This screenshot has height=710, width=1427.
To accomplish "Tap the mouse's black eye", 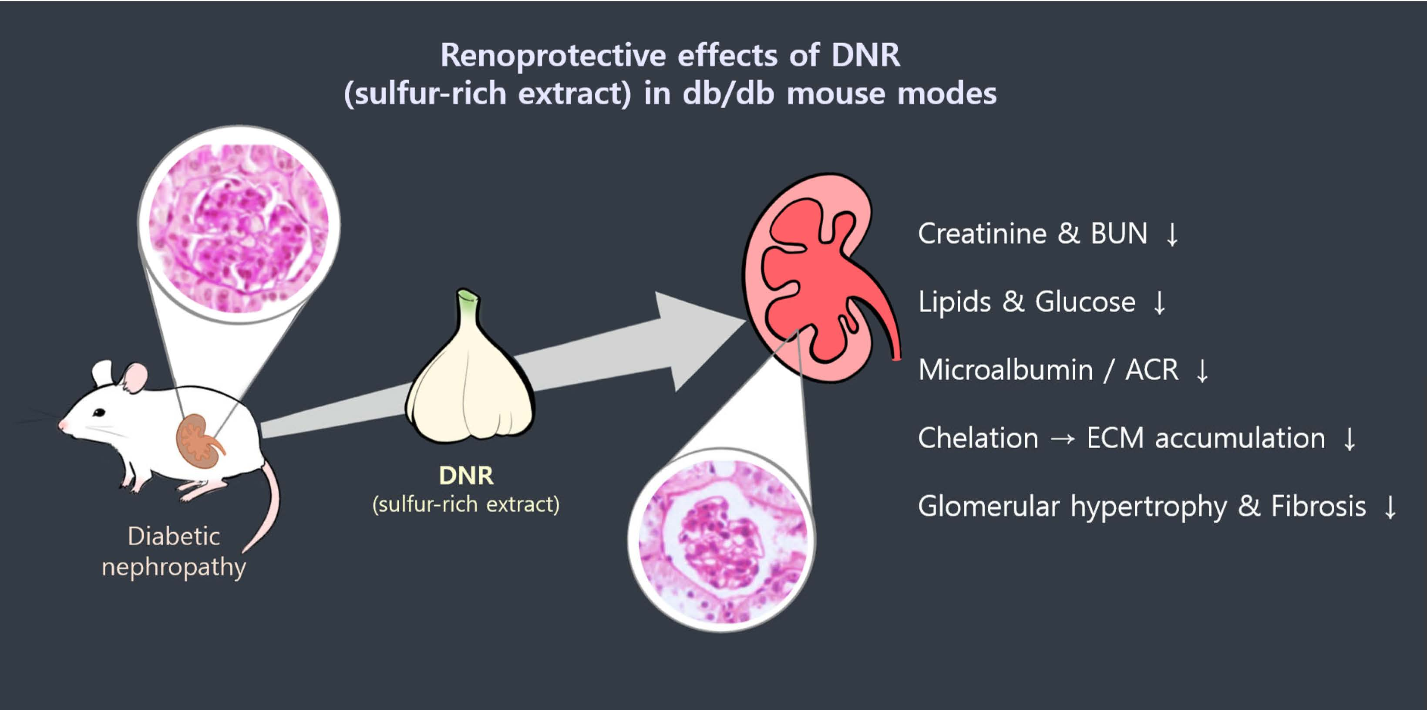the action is tap(99, 412).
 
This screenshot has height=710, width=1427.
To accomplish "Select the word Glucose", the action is tap(1085, 302).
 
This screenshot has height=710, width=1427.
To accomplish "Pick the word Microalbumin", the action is tap(1005, 370).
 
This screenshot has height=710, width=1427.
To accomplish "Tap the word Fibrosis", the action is tap(1319, 506).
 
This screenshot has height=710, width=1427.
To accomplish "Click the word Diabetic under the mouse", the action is tap(173, 537).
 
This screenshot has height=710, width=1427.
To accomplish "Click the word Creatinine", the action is tap(982, 234).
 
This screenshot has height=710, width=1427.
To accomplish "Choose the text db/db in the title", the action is tap(728, 93).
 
